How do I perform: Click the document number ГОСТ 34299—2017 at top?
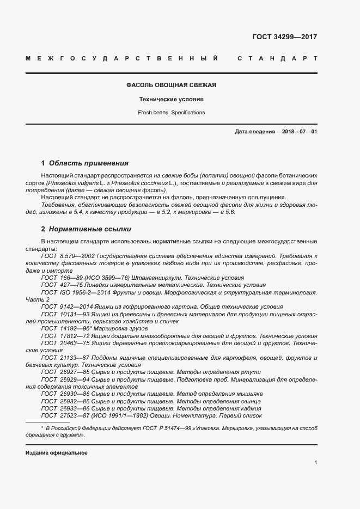[284, 38]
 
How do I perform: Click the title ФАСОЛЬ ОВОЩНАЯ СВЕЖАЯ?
[172, 85]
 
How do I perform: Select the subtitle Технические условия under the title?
[172, 100]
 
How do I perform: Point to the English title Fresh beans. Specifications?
[172, 113]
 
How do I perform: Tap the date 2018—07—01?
[298, 132]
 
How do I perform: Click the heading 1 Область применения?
[85, 163]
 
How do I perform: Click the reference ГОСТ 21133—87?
[61, 357]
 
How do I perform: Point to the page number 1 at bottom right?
[316, 462]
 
